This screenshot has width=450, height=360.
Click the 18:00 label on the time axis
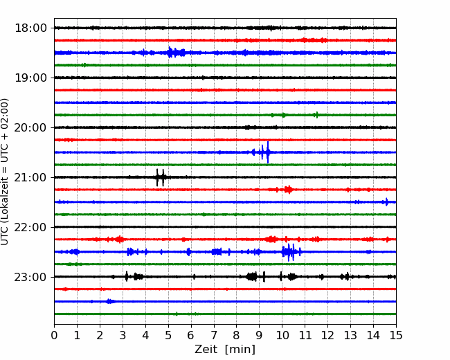point(30,28)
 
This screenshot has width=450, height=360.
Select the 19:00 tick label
point(30,78)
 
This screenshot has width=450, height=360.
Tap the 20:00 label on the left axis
point(30,127)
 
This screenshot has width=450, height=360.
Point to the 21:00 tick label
point(30,177)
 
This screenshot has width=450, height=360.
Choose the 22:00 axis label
point(30,227)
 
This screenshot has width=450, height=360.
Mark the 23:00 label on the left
point(30,277)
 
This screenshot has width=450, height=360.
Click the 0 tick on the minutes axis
point(54,335)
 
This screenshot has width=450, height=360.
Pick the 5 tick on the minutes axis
point(168,335)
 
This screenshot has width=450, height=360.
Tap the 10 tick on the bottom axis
point(282,335)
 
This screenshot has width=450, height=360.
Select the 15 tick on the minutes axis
point(396,335)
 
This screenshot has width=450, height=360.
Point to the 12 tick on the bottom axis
point(327,335)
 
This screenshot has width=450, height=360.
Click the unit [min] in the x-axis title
point(240,350)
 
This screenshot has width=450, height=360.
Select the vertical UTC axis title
point(5,172)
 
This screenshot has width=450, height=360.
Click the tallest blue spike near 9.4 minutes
point(268,152)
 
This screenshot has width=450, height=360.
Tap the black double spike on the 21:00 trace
point(160,177)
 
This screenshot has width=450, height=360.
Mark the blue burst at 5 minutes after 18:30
point(176,53)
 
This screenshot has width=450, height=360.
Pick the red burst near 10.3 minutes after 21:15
point(288,190)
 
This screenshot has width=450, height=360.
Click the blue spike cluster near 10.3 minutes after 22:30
point(291,252)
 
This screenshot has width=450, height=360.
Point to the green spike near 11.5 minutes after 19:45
point(317,115)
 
